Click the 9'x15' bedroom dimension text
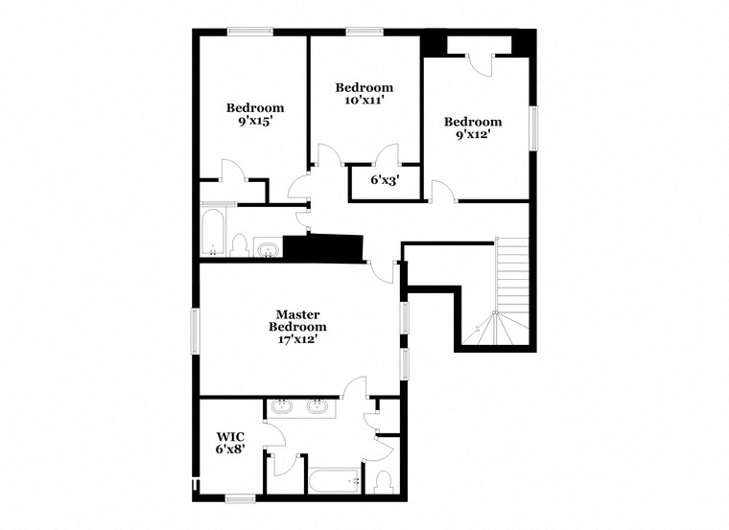point(255,122)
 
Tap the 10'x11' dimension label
point(364,100)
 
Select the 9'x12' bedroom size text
point(472,135)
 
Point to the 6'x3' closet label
point(385,179)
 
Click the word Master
point(297,314)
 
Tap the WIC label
point(230,436)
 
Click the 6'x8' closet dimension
point(230,449)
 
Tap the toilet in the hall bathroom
point(240,246)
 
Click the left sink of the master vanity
point(282,406)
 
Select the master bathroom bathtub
point(333,480)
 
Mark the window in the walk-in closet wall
point(240,497)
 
